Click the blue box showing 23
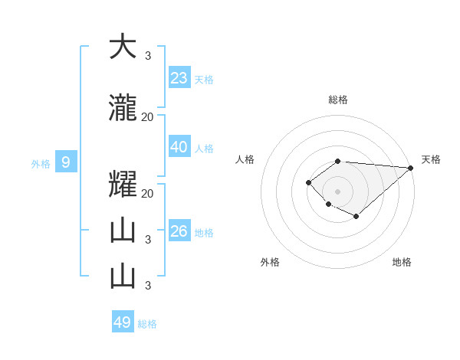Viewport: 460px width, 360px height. point(179,78)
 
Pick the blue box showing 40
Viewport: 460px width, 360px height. point(179,147)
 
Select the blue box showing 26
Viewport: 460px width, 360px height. point(179,231)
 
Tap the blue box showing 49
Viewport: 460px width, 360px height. point(123,322)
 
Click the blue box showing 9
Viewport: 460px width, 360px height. point(66,162)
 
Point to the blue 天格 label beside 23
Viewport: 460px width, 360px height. point(204,80)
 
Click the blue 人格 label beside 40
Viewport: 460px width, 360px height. point(204,149)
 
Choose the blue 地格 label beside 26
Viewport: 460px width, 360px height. point(204,233)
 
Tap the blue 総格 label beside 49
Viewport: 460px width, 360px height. point(147,324)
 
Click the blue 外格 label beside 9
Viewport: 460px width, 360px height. point(41,163)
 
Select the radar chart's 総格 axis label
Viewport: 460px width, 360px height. point(338,100)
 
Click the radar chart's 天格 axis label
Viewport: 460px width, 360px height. point(431,159)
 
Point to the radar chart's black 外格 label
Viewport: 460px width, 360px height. point(270,263)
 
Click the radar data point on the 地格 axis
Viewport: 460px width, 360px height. point(356,217)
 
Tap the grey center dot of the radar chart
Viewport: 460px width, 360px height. point(337,191)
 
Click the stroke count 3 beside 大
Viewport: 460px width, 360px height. point(147,55)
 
